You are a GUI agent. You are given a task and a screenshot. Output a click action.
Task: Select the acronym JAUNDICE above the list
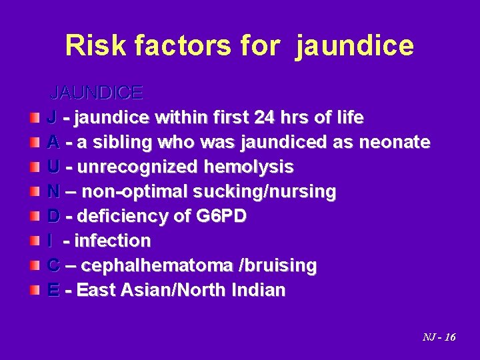click(97, 92)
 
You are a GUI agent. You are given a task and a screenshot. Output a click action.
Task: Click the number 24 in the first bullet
click(265, 118)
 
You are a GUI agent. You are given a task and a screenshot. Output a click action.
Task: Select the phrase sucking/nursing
click(265, 192)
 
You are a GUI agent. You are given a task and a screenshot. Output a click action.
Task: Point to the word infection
click(113, 241)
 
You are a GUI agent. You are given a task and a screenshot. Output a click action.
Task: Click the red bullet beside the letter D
click(34, 216)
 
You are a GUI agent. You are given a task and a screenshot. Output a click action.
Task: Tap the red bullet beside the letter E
click(34, 290)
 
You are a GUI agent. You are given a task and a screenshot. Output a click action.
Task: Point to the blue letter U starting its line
click(53, 167)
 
